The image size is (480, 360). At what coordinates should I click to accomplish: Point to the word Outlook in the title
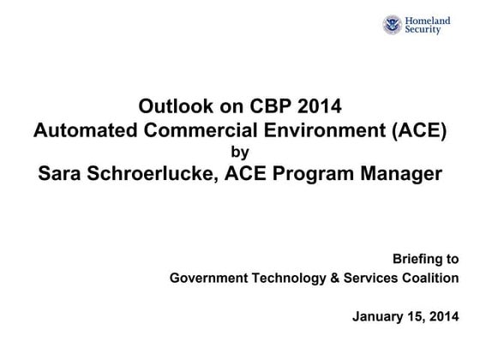point(169,108)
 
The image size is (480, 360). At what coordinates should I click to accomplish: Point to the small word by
point(239,153)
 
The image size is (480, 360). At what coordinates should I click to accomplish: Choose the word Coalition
point(431,279)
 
